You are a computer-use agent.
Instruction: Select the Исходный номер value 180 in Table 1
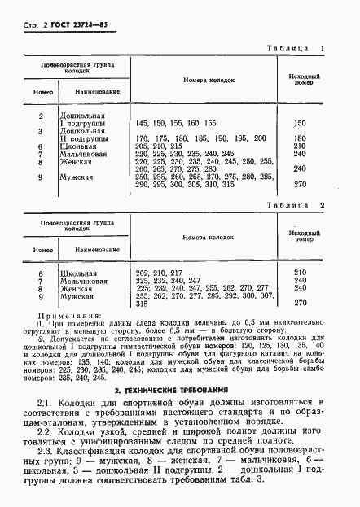[299, 138]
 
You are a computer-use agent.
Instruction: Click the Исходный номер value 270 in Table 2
[299, 303]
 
